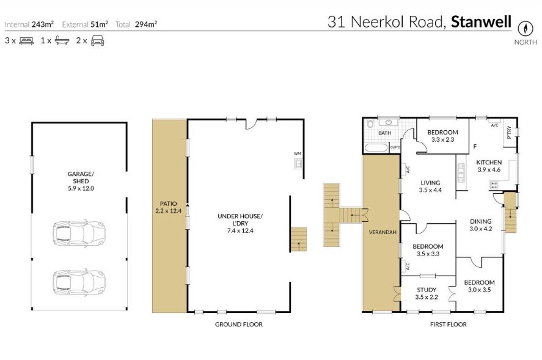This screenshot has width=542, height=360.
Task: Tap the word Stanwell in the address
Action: pyautogui.click(x=481, y=23)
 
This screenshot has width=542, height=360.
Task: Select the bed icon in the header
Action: pyautogui.click(x=26, y=41)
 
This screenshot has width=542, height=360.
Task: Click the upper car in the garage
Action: pyautogui.click(x=79, y=232)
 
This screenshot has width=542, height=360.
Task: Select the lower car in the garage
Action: pyautogui.click(x=79, y=281)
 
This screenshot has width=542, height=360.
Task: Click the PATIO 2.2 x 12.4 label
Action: pyautogui.click(x=169, y=207)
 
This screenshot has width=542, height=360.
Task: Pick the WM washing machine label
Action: pyautogui.click(x=297, y=153)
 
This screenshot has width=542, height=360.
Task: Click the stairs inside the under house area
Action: pyautogui.click(x=298, y=238)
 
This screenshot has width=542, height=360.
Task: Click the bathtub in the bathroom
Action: pyautogui.click(x=375, y=147)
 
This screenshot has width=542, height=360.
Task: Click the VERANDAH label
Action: pyautogui.click(x=381, y=232)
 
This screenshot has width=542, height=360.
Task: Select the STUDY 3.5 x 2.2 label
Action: pyautogui.click(x=427, y=293)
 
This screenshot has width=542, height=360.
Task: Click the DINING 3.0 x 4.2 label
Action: pyautogui.click(x=481, y=225)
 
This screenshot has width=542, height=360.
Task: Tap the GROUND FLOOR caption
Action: pyautogui.click(x=238, y=325)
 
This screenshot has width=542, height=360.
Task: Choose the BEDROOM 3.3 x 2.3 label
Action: pyautogui.click(x=442, y=136)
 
